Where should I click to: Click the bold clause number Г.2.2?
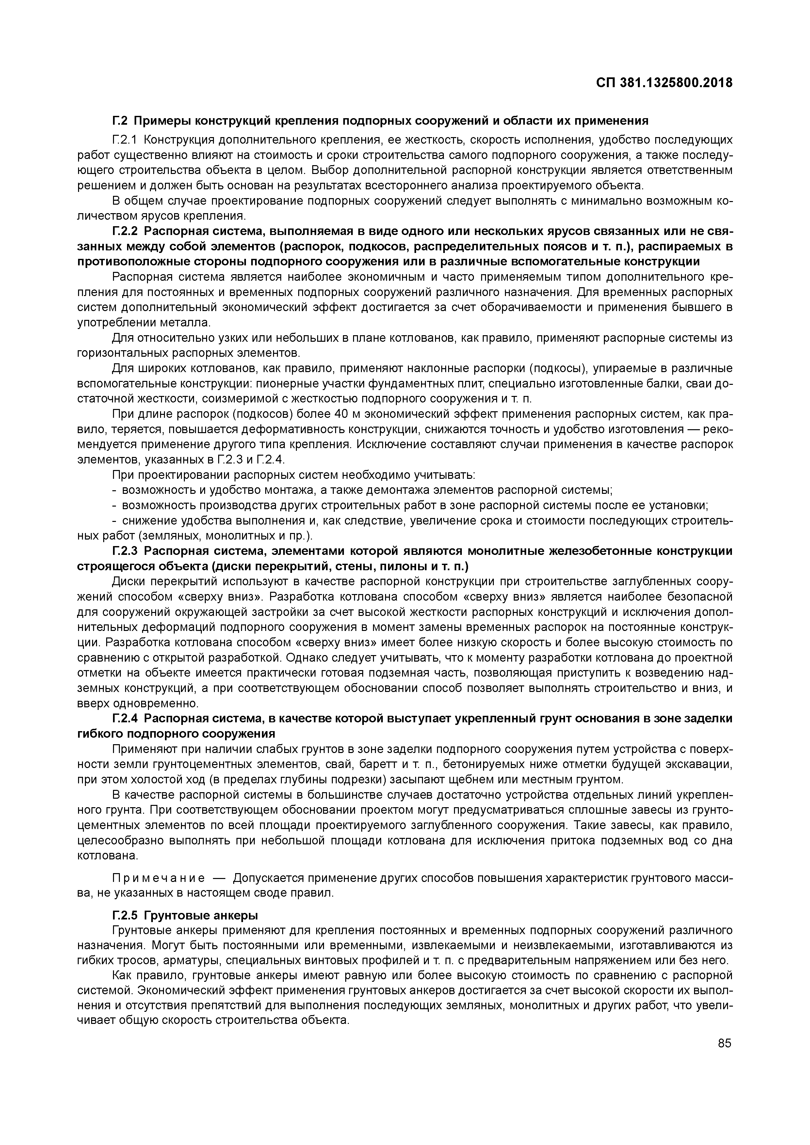click(x=125, y=231)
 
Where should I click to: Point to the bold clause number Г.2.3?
click(x=125, y=551)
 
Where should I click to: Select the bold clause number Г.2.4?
click(x=125, y=718)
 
